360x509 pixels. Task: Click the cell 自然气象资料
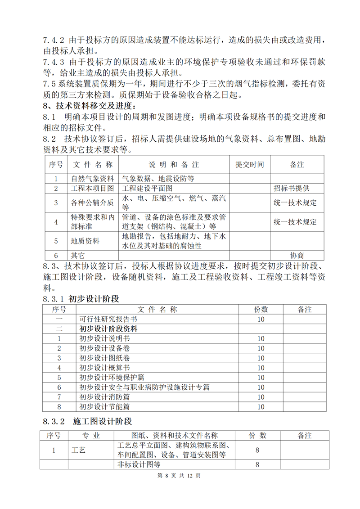93,178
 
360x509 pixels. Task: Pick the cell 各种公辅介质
93,203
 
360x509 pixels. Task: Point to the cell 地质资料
85,241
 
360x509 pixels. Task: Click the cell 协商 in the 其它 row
297,255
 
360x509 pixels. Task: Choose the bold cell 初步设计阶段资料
108,329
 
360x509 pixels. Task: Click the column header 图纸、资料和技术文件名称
175,435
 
